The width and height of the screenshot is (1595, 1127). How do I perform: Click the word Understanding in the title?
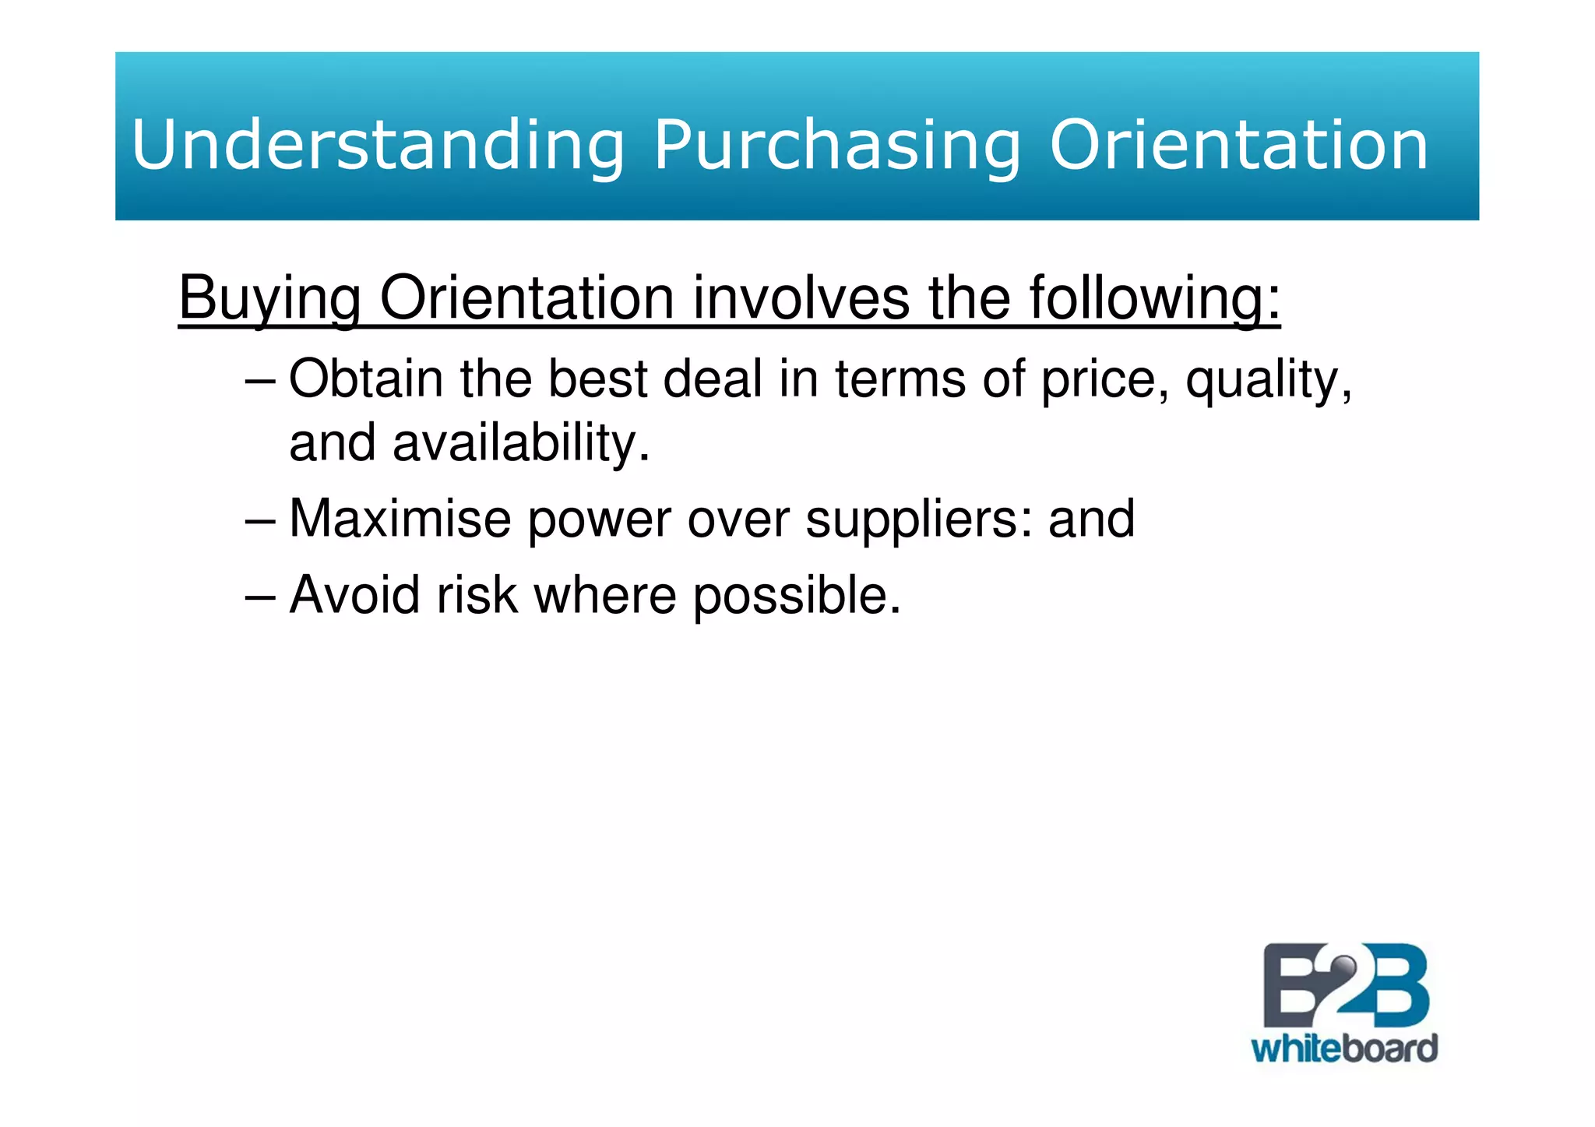tap(378, 144)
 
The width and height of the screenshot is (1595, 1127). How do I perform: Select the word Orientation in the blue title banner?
tap(1238, 144)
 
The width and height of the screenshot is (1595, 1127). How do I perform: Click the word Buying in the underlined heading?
tap(269, 298)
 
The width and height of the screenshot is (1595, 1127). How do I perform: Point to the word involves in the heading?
tap(801, 298)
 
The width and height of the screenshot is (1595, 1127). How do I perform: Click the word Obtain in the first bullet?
tap(366, 379)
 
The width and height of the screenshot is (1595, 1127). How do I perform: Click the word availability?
tap(520, 442)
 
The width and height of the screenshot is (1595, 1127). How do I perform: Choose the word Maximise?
tap(400, 519)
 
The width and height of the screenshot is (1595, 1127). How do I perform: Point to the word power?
tap(599, 520)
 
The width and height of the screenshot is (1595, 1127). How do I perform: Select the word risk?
tap(477, 595)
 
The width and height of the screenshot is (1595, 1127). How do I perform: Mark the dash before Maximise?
tap(259, 520)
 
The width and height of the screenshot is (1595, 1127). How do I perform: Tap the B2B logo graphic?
tap(1345, 985)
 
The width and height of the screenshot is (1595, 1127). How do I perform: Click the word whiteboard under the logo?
tap(1343, 1048)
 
